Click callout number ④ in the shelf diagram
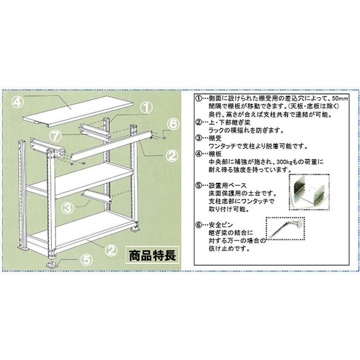17,102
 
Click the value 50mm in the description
340,99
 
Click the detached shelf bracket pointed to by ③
98,195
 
